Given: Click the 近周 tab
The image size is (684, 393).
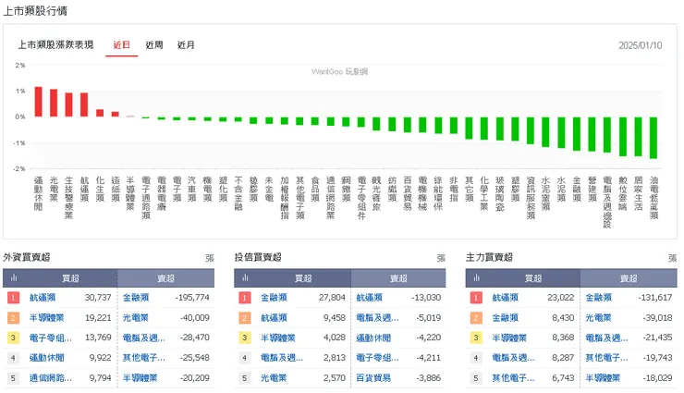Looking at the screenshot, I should point(154,44).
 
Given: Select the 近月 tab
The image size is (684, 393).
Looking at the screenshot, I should point(186,44).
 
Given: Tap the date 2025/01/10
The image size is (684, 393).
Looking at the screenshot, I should point(641,44).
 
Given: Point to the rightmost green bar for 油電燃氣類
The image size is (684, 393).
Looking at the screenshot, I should point(653,138).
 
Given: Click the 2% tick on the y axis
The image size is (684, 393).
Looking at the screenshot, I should point(19,65).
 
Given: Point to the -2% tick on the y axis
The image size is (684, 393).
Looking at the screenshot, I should point(19,169).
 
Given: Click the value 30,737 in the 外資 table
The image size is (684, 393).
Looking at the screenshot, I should point(97,298).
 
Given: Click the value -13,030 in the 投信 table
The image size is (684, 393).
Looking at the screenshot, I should point(426,298).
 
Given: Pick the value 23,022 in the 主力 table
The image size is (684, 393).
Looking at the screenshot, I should point(561,298).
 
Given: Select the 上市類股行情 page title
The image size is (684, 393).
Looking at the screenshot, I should point(34,10).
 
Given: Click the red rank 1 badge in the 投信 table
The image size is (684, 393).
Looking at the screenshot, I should point(245,298).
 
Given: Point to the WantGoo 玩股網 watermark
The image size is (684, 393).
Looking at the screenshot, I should point(341,71).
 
